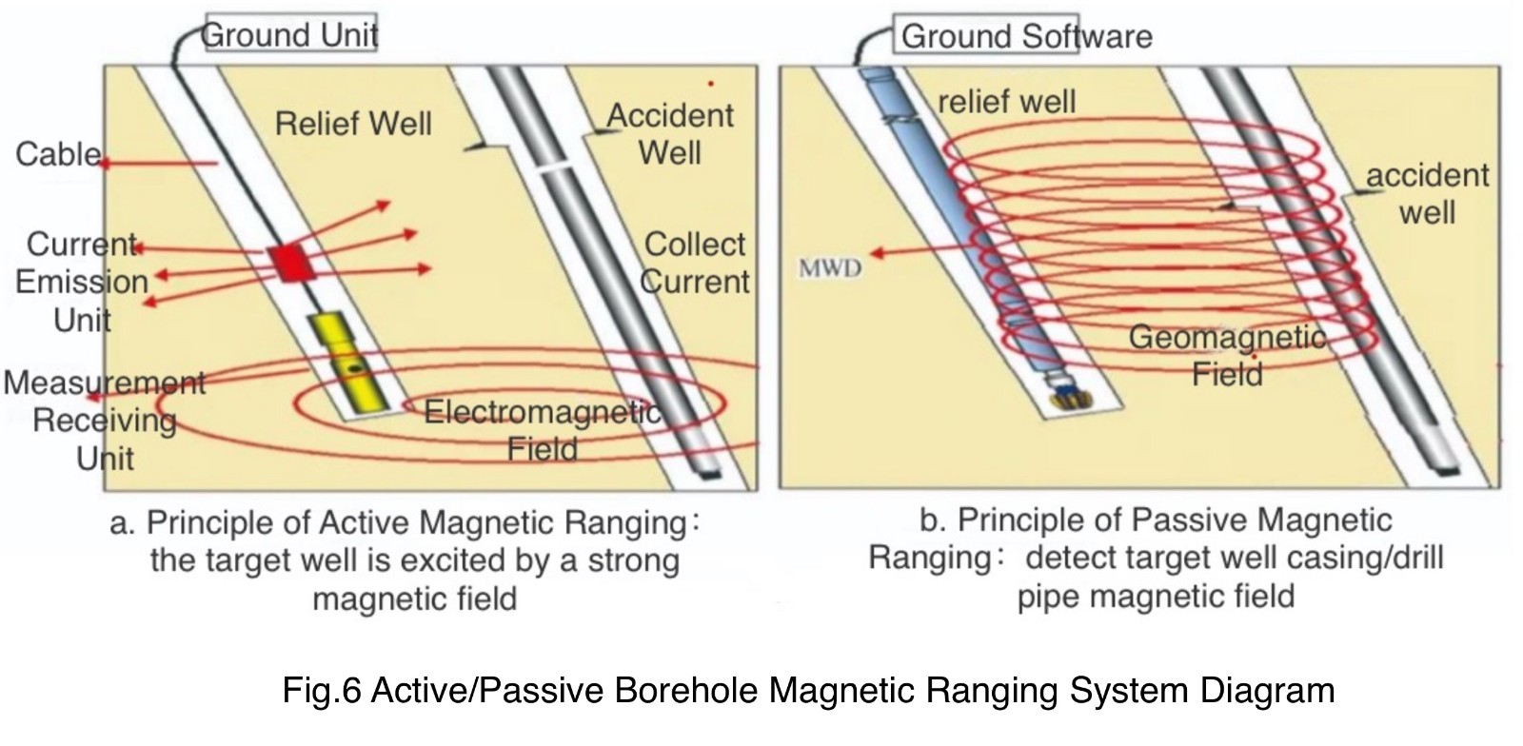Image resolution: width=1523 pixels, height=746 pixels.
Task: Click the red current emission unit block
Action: pos(288,262)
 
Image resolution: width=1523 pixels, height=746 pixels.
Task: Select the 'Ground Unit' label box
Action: pos(290,35)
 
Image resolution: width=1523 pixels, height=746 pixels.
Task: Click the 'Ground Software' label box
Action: pos(1025,37)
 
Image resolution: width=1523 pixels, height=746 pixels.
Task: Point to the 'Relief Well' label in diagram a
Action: pos(352,124)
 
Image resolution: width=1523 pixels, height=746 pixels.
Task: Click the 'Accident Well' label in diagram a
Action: pos(670,134)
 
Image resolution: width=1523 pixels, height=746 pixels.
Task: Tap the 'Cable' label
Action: pos(58,154)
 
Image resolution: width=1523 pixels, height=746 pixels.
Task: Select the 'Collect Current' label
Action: pos(696,263)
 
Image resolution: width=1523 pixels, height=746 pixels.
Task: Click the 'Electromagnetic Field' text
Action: pos(542,430)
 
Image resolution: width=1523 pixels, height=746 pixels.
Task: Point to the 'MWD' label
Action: pos(829,268)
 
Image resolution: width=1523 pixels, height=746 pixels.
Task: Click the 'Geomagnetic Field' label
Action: pos(1227,355)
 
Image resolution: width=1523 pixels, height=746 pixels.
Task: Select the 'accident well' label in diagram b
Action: pos(1427,193)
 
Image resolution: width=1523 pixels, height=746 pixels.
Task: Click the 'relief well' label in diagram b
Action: pos(1006,102)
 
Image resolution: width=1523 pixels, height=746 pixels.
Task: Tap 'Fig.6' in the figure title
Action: pos(321,690)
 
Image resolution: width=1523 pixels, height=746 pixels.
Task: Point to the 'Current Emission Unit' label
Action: pos(82,282)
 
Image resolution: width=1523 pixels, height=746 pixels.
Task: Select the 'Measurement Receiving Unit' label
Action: pos(104,420)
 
